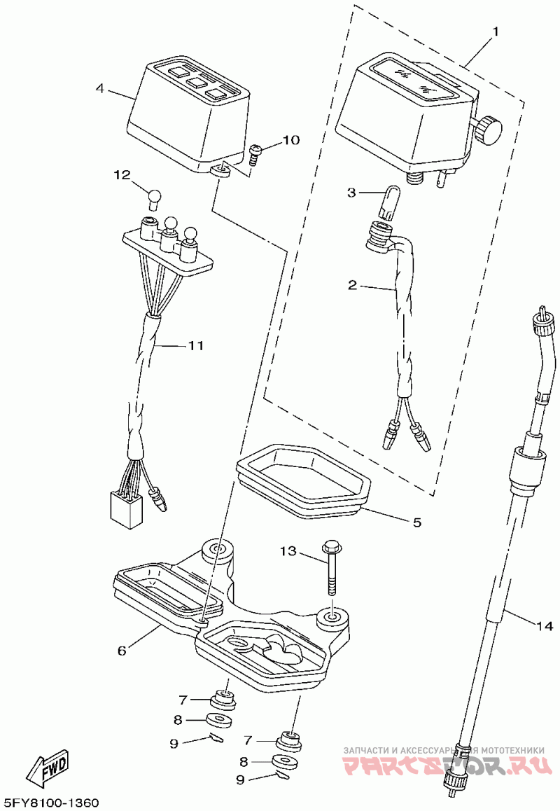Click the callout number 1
pos(495,32)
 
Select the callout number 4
pos(100,89)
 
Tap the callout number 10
pos(290,141)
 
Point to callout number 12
pos(123,175)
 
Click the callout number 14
pos(545,625)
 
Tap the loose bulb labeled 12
pos(155,198)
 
